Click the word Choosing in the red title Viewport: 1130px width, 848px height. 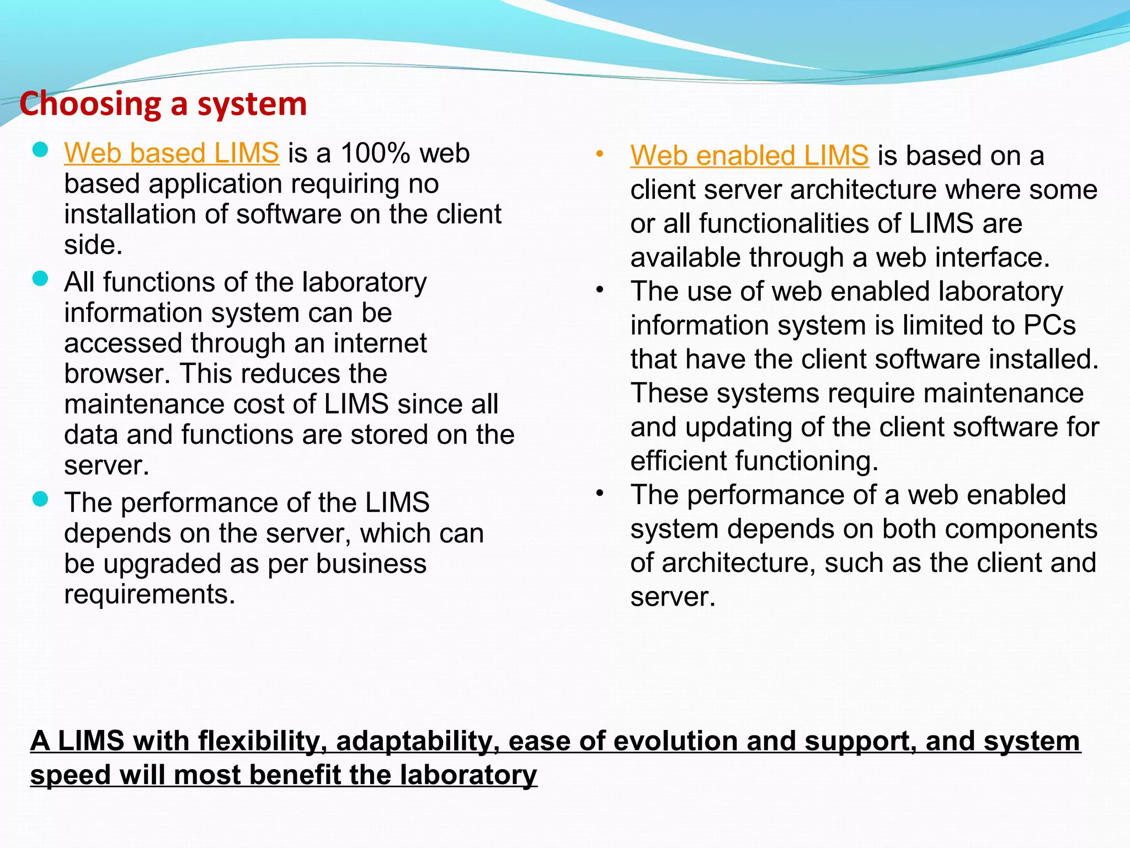click(90, 104)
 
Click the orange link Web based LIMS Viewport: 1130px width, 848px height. click(171, 153)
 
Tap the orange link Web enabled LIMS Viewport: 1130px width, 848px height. click(749, 156)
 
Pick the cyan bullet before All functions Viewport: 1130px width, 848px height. click(40, 278)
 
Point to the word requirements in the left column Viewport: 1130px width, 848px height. click(150, 595)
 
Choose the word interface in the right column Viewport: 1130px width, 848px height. click(993, 258)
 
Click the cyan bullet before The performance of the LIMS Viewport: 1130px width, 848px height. click(40, 499)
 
